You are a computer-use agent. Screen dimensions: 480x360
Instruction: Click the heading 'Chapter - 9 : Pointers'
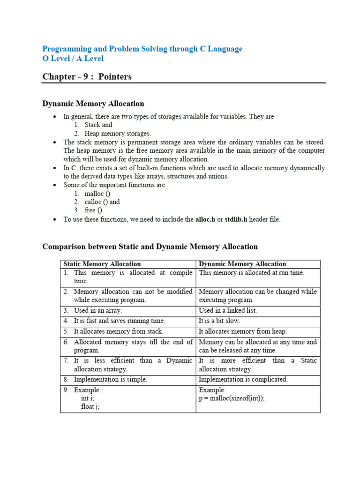[87, 77]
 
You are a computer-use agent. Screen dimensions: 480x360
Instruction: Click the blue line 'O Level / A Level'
[73, 59]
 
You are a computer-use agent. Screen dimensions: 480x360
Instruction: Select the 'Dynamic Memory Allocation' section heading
[93, 104]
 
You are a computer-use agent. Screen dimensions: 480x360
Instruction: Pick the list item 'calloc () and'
[102, 202]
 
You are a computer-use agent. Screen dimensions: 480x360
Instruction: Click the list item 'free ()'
[93, 210]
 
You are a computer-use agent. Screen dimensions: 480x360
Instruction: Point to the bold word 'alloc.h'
[205, 219]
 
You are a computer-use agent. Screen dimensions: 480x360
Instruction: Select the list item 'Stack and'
[98, 125]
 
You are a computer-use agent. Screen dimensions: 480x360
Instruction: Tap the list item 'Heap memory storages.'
[118, 134]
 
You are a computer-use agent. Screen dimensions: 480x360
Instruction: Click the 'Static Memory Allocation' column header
[102, 264]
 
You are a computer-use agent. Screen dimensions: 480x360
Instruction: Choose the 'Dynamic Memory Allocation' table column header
[242, 264]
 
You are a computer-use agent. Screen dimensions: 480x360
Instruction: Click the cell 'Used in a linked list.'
[228, 310]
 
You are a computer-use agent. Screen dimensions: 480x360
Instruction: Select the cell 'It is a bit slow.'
[219, 321]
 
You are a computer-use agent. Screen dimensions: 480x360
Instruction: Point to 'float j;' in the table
[90, 407]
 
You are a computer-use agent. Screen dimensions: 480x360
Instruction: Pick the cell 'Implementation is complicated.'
[243, 380]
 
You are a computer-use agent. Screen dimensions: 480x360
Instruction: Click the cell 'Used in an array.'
[97, 310]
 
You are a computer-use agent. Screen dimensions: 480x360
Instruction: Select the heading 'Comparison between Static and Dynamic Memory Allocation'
[150, 247]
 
